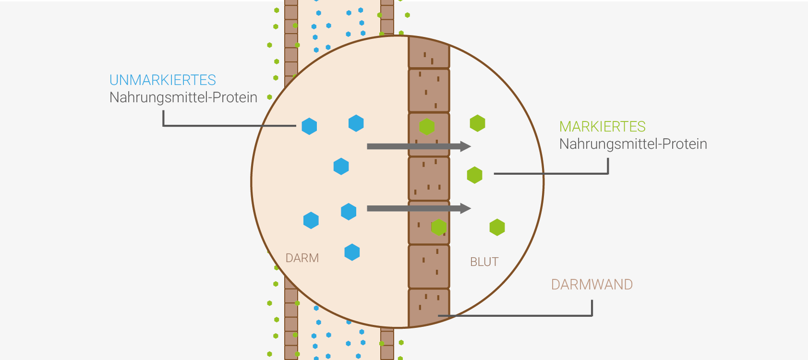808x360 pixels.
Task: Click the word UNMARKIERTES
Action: tap(163, 80)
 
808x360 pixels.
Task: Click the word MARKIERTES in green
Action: tap(603, 127)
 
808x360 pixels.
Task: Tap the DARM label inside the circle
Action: tap(302, 258)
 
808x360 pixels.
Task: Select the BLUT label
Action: tap(484, 262)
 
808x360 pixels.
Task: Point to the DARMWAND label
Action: tap(592, 285)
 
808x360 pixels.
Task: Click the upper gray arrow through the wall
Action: tap(419, 146)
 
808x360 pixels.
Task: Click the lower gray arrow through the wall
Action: tap(419, 208)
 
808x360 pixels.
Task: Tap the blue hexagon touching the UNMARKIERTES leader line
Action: tap(309, 126)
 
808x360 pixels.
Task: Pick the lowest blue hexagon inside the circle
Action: tap(352, 252)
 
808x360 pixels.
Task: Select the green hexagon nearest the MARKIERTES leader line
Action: tap(475, 175)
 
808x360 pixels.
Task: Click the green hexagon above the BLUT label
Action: tap(497, 227)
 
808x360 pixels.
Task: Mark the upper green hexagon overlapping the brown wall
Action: tap(427, 127)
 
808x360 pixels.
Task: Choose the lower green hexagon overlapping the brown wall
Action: tap(439, 227)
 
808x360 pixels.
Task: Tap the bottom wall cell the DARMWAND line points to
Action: tap(429, 307)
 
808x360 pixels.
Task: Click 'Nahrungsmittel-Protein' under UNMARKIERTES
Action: tap(183, 97)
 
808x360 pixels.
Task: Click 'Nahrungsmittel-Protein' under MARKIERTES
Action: tap(633, 144)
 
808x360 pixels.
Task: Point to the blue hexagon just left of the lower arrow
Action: tap(349, 211)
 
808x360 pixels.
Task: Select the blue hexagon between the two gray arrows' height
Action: tap(341, 166)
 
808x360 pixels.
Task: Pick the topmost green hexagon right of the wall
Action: tap(478, 123)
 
